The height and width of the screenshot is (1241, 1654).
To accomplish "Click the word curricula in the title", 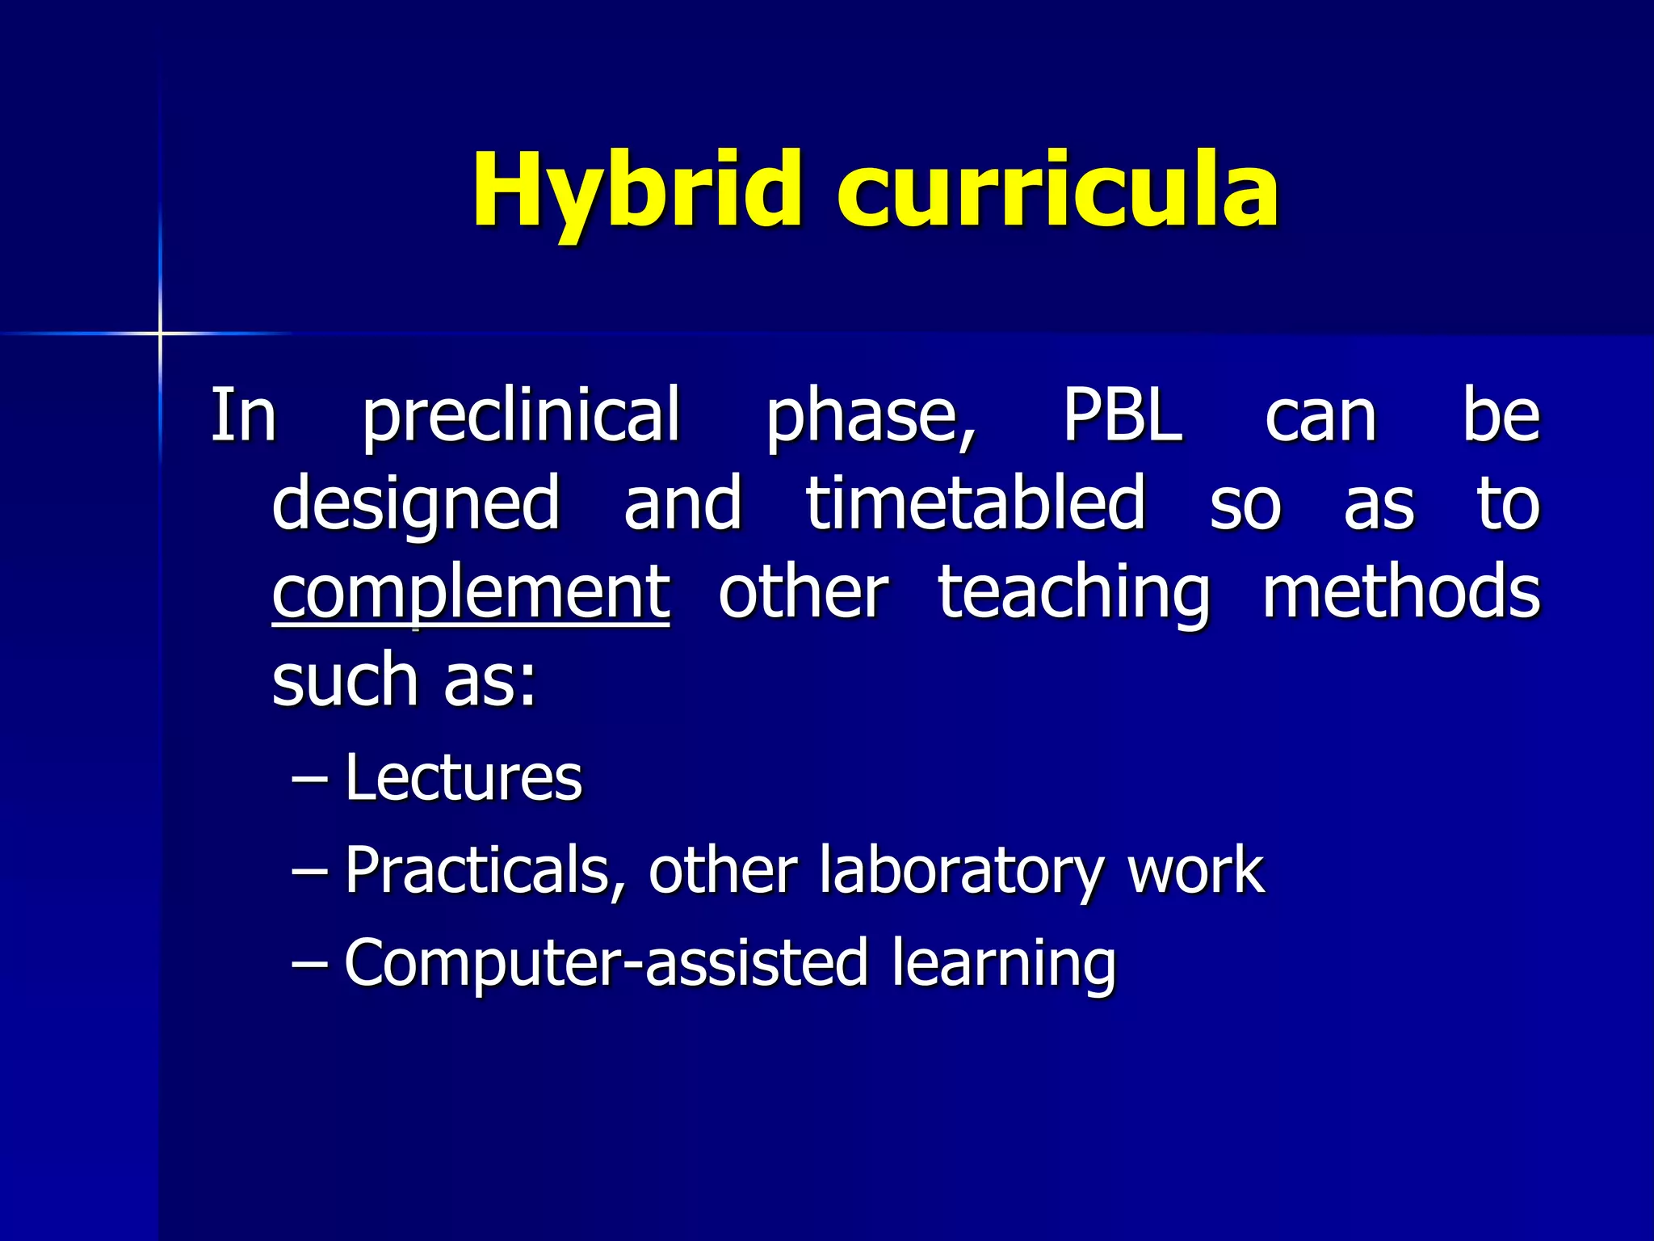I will click(1058, 191).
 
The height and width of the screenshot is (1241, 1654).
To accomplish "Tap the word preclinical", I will click(521, 416).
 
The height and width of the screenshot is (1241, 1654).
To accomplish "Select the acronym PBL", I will click(1122, 416).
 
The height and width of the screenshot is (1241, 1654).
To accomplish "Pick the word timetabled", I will click(976, 503).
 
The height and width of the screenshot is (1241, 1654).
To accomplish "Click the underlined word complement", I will click(471, 593).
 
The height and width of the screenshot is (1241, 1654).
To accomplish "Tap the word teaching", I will click(1074, 593).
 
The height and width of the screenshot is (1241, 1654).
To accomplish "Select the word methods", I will click(1400, 591).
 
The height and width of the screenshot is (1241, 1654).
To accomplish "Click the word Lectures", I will click(463, 777).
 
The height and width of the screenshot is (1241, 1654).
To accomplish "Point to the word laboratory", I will click(960, 871).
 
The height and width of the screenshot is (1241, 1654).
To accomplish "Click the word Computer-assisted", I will click(606, 962).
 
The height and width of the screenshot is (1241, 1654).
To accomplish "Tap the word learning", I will click(1003, 964).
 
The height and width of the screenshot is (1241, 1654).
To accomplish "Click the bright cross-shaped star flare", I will click(160, 333).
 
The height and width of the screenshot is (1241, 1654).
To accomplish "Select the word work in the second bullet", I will click(1195, 871).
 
